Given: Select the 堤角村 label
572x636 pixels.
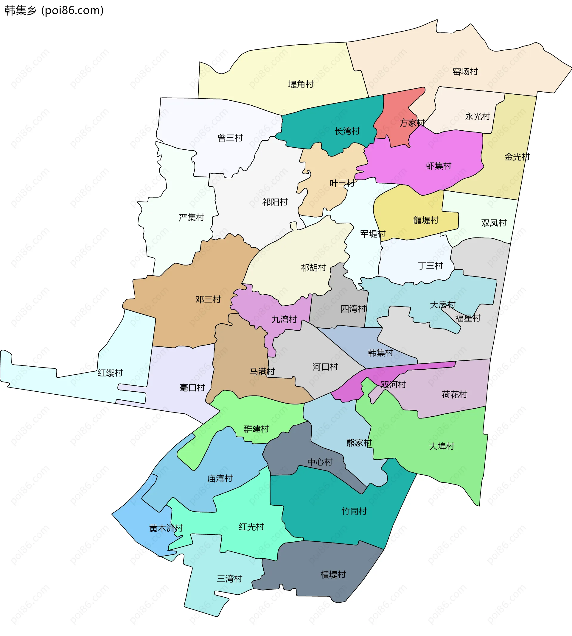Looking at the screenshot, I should pyautogui.click(x=301, y=85).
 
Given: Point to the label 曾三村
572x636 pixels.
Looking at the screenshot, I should pyautogui.click(x=230, y=138).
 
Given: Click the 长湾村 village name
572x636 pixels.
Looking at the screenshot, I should pyautogui.click(x=347, y=131).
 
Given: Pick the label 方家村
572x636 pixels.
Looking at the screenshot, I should pyautogui.click(x=412, y=123).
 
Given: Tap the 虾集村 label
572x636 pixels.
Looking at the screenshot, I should pyautogui.click(x=439, y=166).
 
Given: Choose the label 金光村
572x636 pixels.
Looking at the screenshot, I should pyautogui.click(x=517, y=157).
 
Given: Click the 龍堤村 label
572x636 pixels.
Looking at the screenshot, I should pyautogui.click(x=425, y=220).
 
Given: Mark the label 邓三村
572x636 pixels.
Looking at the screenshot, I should pyautogui.click(x=208, y=299).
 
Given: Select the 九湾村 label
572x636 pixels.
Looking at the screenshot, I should pyautogui.click(x=284, y=320).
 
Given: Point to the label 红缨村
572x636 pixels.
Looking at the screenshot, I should pyautogui.click(x=110, y=373).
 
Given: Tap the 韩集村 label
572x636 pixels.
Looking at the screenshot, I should pyautogui.click(x=380, y=353).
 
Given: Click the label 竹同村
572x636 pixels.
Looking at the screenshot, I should pyautogui.click(x=354, y=511).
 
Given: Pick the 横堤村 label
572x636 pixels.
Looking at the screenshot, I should pyautogui.click(x=333, y=575).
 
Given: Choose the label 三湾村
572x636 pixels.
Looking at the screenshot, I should pyautogui.click(x=229, y=579).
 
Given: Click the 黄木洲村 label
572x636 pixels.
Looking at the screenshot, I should pyautogui.click(x=166, y=528).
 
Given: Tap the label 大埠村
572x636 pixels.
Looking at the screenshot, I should pyautogui.click(x=442, y=446).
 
